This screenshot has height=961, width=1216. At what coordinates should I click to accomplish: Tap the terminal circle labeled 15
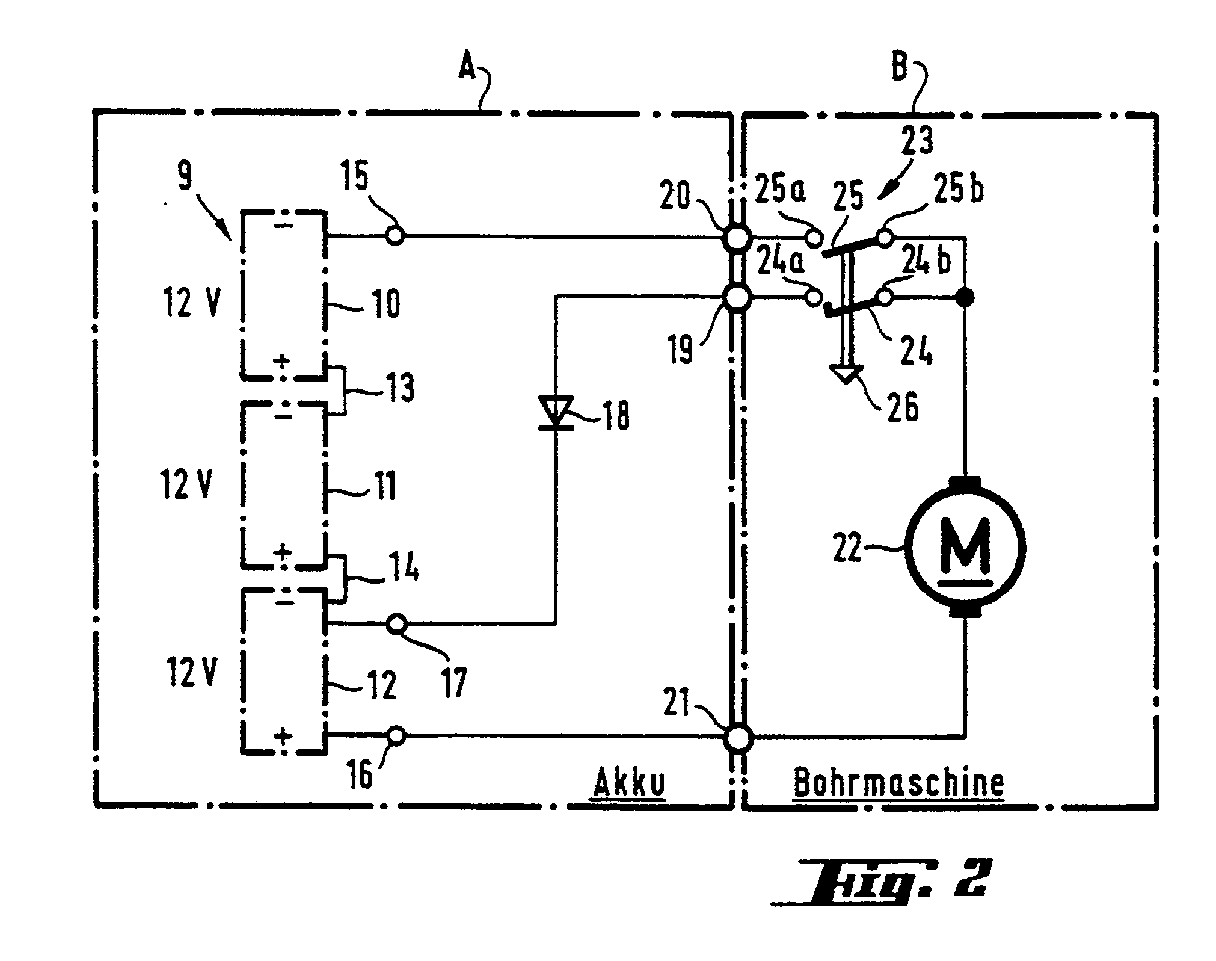pyautogui.click(x=395, y=235)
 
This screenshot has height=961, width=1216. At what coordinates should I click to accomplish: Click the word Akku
pyautogui.click(x=629, y=783)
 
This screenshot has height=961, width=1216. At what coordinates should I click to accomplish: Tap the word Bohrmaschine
pyautogui.click(x=898, y=783)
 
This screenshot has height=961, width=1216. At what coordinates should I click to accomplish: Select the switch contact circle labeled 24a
pyautogui.click(x=814, y=297)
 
